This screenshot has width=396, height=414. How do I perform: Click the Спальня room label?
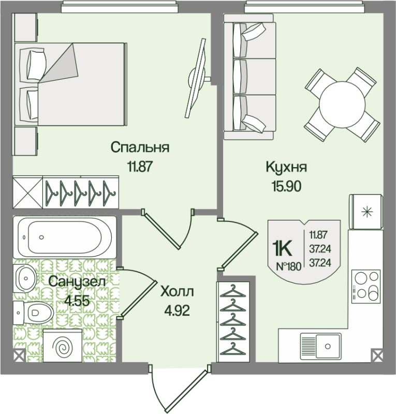(140, 147)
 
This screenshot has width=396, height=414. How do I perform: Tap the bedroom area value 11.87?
(140, 166)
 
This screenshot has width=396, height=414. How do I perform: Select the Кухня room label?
(286, 167)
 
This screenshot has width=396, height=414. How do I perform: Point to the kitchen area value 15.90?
(286, 186)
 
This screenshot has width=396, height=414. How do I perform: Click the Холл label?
(177, 291)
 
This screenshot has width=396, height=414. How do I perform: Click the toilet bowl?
(34, 312)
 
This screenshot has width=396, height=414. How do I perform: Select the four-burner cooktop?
(365, 286)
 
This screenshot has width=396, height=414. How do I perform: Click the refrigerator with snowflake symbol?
(367, 211)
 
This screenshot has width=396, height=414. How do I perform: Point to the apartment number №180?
(288, 267)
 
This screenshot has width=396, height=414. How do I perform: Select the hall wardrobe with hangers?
(233, 321)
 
